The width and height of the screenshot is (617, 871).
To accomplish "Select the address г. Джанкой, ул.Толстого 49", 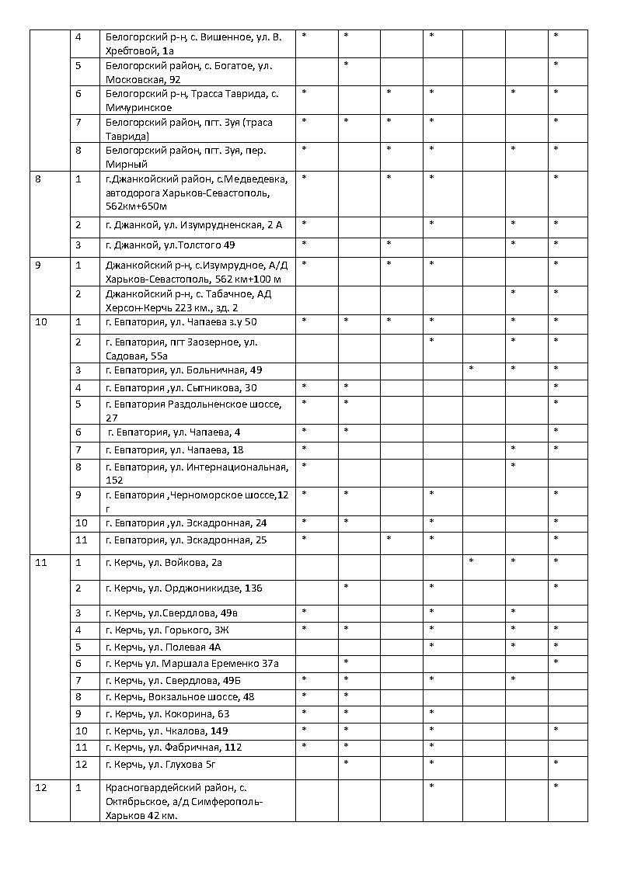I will tap(170, 245).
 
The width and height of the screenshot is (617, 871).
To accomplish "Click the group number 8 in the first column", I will tap(38, 179).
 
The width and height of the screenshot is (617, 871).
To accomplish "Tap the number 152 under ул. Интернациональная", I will tap(114, 481).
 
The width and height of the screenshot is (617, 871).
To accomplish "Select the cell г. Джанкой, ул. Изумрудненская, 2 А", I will tap(193, 224).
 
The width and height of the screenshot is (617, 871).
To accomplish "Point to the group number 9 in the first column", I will tap(38, 265).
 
